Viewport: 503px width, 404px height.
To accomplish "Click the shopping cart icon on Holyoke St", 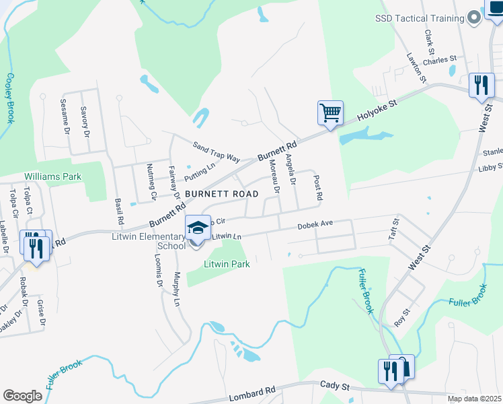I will (330, 112).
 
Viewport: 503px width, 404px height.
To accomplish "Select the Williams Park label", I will (52, 176).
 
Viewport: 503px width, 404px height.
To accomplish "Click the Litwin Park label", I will (227, 264).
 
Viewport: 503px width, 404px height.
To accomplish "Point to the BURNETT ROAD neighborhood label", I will (221, 194).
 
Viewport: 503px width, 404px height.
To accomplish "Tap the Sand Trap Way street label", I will (216, 151).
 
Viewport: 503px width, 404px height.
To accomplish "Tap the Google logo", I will (22, 395).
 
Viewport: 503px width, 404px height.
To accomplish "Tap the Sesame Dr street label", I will (66, 117).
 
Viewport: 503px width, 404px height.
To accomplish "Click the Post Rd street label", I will (319, 188).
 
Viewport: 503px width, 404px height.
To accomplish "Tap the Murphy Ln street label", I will (178, 290).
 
